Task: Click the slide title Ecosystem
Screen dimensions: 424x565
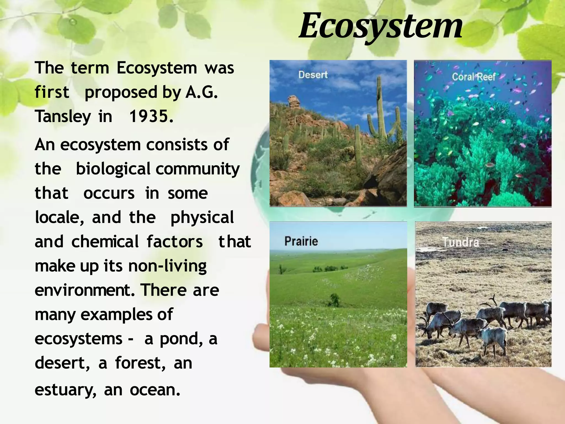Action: [x=381, y=26]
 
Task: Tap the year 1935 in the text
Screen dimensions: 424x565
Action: [x=151, y=116]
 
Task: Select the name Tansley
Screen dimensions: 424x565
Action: [x=63, y=116]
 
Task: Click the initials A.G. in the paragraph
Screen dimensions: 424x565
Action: [x=201, y=92]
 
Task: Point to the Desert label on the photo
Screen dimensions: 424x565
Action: [x=313, y=75]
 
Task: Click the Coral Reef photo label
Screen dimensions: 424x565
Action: [x=473, y=77]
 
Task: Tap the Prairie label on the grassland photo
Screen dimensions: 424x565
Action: [x=301, y=241]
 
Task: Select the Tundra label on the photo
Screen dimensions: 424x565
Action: [x=461, y=242]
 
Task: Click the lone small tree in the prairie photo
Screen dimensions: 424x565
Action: [x=334, y=300]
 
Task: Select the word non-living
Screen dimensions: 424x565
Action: [x=167, y=266]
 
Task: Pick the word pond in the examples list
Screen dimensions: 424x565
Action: [x=180, y=339]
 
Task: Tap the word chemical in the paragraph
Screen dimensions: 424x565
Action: [x=105, y=242]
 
